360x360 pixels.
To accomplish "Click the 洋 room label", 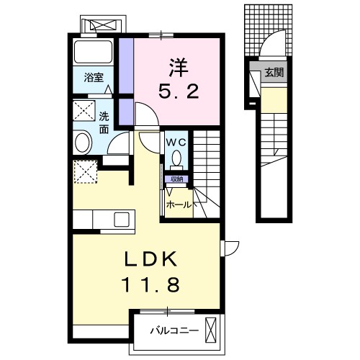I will [x=179, y=68].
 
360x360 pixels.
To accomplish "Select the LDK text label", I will [x=152, y=259].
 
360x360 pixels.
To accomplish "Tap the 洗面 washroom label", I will [x=104, y=122].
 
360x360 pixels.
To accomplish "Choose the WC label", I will [x=177, y=143].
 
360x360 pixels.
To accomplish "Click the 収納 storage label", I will [x=176, y=179].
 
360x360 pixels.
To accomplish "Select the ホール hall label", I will [x=179, y=204].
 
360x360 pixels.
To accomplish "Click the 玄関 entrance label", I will [x=273, y=72].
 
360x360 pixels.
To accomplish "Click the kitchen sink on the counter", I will [x=120, y=219].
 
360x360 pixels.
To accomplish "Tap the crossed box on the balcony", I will [x=210, y=330].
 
